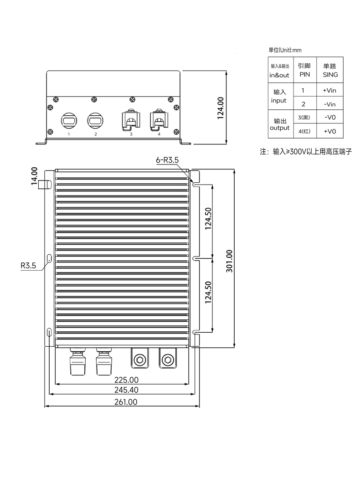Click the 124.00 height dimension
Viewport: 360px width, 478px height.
[221, 108]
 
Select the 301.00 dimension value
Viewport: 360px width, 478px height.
[229, 261]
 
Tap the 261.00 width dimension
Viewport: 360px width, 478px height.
[126, 402]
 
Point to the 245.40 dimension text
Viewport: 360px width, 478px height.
[126, 390]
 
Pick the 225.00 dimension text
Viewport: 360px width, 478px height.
[126, 380]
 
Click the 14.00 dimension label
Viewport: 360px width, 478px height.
[34, 175]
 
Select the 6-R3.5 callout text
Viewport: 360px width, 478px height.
[167, 160]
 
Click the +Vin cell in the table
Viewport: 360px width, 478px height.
[329, 90]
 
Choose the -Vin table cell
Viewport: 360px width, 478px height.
[330, 104]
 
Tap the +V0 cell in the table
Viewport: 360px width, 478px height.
[330, 131]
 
